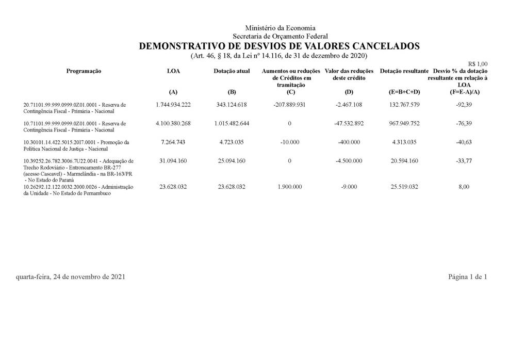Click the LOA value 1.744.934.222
click(x=173, y=105)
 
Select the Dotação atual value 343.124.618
click(x=232, y=105)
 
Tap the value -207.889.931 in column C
click(x=289, y=105)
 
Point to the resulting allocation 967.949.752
click(x=404, y=124)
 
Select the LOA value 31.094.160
click(x=173, y=161)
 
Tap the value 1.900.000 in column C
click(x=289, y=187)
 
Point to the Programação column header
click(x=84, y=71)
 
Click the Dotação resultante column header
click(x=404, y=71)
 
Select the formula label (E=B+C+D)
click(x=404, y=92)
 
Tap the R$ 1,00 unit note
click(x=478, y=64)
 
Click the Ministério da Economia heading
click(x=280, y=28)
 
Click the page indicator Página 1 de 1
click(x=467, y=277)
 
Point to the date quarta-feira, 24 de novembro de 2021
click(x=70, y=277)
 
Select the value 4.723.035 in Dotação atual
click(x=232, y=142)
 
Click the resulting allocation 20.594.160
click(x=404, y=161)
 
